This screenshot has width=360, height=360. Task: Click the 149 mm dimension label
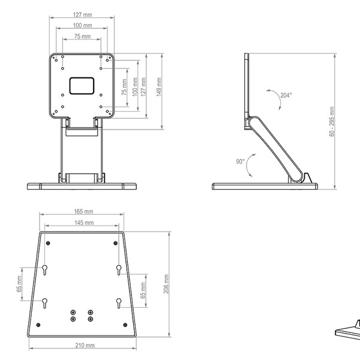pyautogui.click(x=159, y=90)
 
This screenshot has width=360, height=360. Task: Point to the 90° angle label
pyautogui.click(x=239, y=161)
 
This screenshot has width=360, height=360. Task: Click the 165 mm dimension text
pyautogui.click(x=83, y=212)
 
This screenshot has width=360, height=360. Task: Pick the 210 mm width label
pyautogui.click(x=85, y=346)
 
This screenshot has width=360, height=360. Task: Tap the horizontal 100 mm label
pyautogui.click(x=83, y=26)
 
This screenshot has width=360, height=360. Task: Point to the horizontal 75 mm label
pyautogui.click(x=83, y=37)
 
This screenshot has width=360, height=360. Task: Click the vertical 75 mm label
pyautogui.click(x=125, y=88)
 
